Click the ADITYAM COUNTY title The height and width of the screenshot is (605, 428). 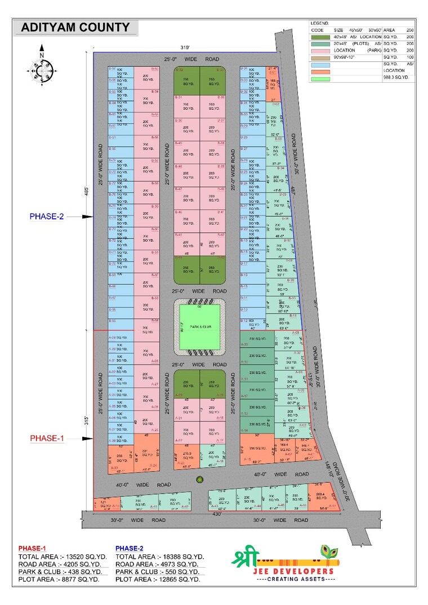point(75,27)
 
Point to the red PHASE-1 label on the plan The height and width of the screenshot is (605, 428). point(47,438)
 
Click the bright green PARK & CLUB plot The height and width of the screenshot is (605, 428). point(199,326)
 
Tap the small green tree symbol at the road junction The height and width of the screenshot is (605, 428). point(199,479)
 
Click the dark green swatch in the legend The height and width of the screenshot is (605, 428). point(320,37)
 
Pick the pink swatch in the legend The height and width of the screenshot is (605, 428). point(320,51)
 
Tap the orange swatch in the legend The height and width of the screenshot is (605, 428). point(320,71)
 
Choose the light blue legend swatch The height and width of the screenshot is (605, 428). point(320,65)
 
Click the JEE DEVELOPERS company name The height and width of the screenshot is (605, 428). point(293,571)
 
